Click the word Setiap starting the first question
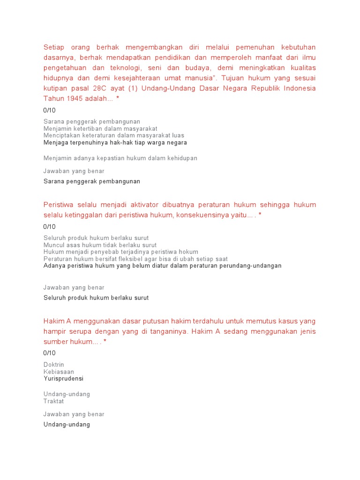click(x=53, y=47)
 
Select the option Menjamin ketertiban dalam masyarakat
click(x=100, y=128)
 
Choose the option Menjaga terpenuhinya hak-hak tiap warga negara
click(x=115, y=142)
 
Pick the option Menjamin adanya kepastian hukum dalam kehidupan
click(x=120, y=158)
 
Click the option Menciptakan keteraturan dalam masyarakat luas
click(x=114, y=135)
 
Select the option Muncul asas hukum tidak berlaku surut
click(x=100, y=245)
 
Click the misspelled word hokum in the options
click(x=188, y=252)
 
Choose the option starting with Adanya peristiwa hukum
click(x=162, y=266)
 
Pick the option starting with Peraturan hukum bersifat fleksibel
click(x=135, y=259)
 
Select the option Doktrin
click(x=54, y=365)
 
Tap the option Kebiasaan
click(x=59, y=372)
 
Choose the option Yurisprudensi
click(x=63, y=378)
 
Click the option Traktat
click(x=53, y=401)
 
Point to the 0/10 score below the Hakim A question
click(x=49, y=353)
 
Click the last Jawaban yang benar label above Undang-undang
click(x=74, y=414)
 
